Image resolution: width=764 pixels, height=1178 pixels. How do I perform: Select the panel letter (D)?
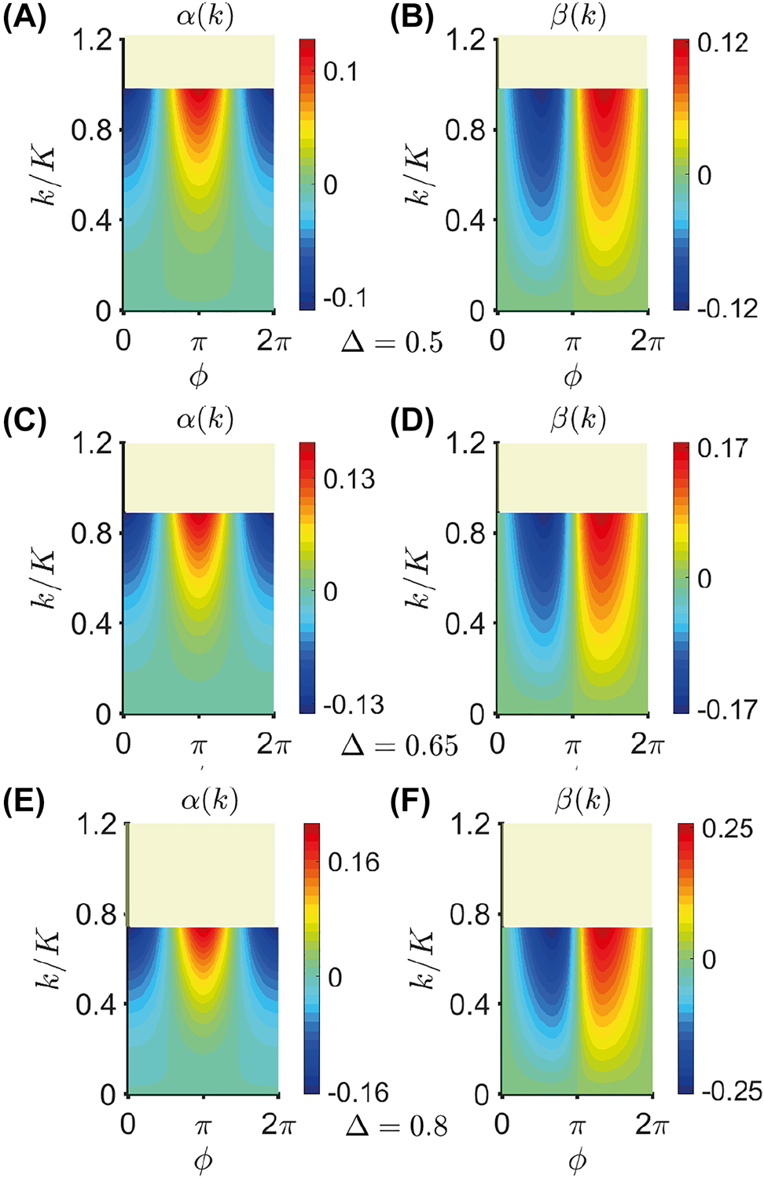point(412,421)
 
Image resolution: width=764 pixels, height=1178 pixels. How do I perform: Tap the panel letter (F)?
point(410,802)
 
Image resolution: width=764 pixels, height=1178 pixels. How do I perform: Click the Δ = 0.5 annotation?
point(391,342)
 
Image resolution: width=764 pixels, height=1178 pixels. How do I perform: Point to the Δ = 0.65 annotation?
point(399,745)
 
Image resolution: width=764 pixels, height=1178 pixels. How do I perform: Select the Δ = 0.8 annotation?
point(396,1127)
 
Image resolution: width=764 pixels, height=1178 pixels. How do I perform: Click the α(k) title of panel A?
point(205,16)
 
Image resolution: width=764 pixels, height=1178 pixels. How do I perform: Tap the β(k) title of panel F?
point(582,800)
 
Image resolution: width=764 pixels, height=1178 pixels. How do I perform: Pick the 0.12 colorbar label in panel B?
point(722,43)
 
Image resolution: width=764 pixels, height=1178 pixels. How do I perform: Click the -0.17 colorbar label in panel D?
point(727,710)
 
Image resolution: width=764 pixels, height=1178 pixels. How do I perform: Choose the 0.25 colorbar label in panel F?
point(727,829)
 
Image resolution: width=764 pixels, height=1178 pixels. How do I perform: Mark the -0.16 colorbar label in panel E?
point(358,1092)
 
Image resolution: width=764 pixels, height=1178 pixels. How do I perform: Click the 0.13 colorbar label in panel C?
point(349,479)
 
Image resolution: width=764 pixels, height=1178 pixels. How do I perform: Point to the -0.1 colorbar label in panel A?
point(345,298)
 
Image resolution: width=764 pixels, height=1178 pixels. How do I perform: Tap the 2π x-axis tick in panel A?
point(274,342)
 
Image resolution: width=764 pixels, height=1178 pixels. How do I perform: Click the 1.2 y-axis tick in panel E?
point(97,825)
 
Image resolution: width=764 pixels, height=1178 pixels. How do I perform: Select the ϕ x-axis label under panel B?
point(573,377)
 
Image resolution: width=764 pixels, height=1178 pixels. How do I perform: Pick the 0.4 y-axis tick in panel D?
point(465,624)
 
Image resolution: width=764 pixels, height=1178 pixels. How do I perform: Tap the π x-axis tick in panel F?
point(578,1127)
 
